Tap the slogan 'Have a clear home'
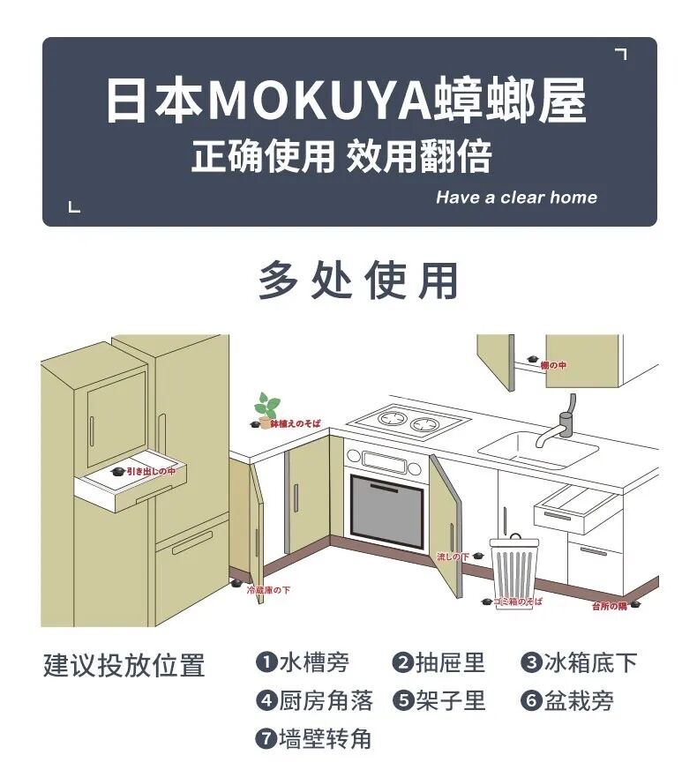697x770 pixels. [x=516, y=198]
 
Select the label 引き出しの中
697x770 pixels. [x=150, y=472]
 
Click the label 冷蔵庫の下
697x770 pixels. [x=268, y=589]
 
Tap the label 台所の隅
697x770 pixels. [x=609, y=606]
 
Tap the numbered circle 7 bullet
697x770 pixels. [x=266, y=739]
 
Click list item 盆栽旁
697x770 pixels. [x=578, y=701]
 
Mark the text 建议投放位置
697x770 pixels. [x=124, y=665]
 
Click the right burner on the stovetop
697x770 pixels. [x=426, y=423]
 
